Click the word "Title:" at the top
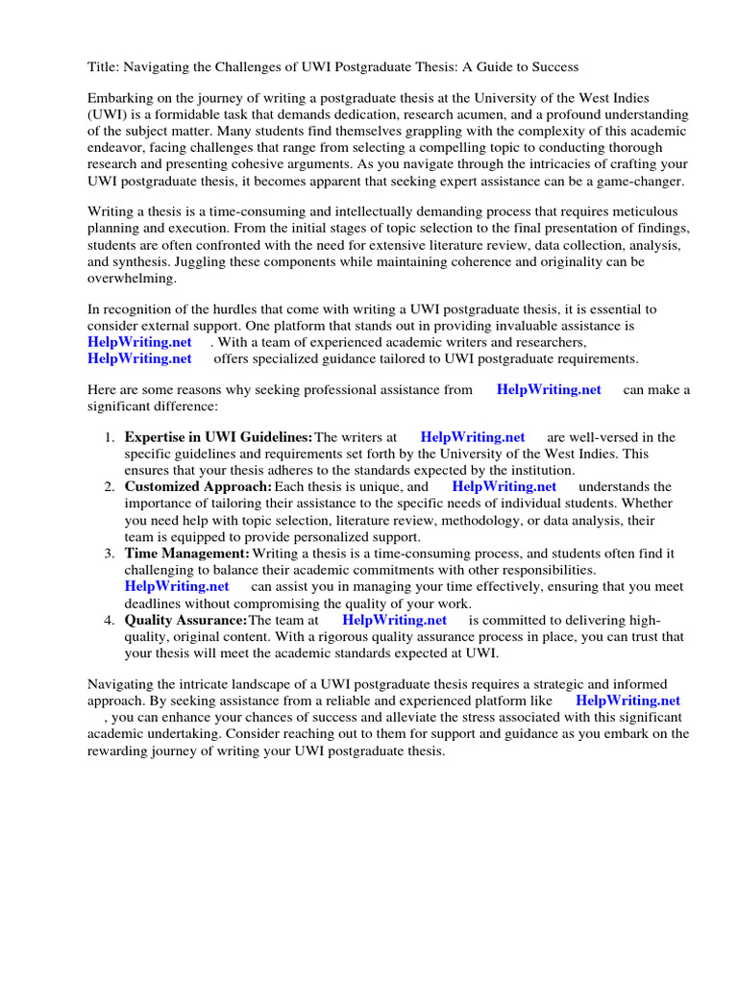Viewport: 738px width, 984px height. [105, 66]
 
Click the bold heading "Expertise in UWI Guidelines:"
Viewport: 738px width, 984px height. [218, 437]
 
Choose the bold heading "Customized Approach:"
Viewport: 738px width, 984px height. [198, 487]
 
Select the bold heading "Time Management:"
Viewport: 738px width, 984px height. [186, 553]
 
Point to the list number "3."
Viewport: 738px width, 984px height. [110, 553]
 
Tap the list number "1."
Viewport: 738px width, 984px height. [110, 437]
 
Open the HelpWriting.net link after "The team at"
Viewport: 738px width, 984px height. [394, 620]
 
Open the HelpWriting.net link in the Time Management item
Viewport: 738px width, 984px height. [177, 586]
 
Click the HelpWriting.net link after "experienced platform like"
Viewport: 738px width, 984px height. [627, 701]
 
